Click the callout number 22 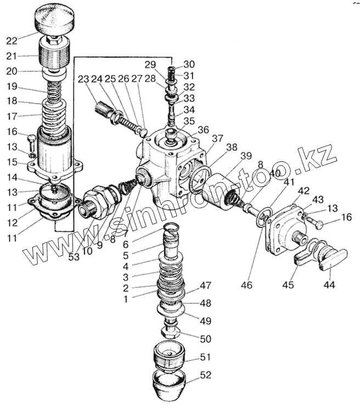click(x=12, y=40)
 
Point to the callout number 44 click(x=329, y=285)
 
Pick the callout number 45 click(x=288, y=285)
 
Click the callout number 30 click(x=189, y=64)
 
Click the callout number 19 click(x=12, y=86)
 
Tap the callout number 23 click(x=83, y=79)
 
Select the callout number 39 click(x=246, y=156)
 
